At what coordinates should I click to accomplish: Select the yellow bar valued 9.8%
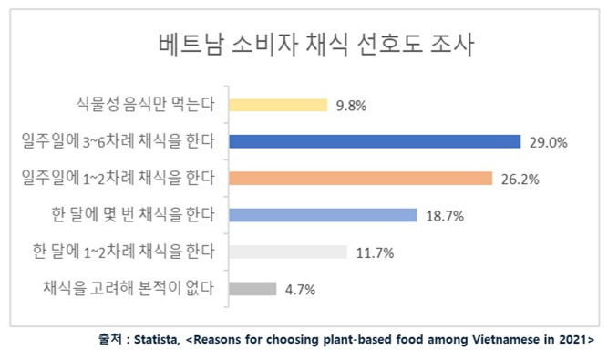pos(278,105)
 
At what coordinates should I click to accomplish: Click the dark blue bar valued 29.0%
pos(375,141)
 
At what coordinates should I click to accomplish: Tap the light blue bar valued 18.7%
pos(323,215)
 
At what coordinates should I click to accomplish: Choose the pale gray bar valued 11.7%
pos(288,252)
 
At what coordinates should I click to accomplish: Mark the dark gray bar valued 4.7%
pos(252,289)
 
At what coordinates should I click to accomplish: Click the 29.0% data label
pos(548,142)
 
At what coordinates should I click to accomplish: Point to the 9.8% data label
pos(351,106)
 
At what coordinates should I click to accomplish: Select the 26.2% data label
pos(520,180)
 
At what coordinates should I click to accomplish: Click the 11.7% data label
pos(375,253)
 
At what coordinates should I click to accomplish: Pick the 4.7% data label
pos(300,290)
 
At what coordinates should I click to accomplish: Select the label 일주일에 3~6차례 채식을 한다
pos(119,141)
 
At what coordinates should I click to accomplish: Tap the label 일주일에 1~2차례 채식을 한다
pos(119,179)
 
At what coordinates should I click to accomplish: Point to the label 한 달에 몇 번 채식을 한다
pos(131,215)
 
